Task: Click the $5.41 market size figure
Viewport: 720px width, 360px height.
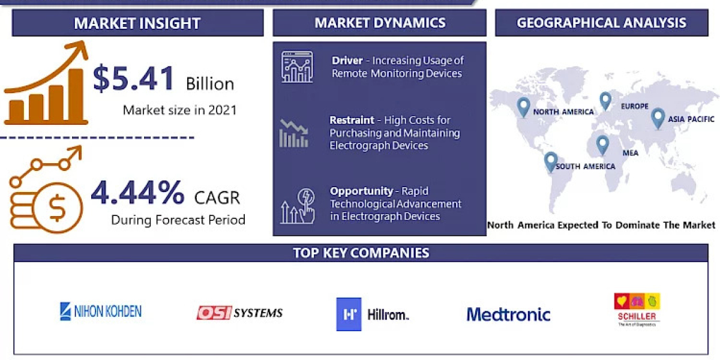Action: pyautogui.click(x=134, y=79)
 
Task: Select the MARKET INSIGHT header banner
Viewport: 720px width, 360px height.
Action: pyautogui.click(x=137, y=23)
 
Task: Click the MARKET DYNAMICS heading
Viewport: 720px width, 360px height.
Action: pyautogui.click(x=380, y=23)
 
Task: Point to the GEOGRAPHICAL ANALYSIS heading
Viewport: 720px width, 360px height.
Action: pyautogui.click(x=601, y=23)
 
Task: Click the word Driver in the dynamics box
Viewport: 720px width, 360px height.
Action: pyautogui.click(x=347, y=61)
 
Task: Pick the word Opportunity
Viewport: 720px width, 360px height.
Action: pyautogui.click(x=361, y=191)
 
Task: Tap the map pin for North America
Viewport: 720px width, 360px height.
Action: pyautogui.click(x=523, y=107)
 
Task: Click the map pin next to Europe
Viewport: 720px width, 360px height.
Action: pyautogui.click(x=605, y=100)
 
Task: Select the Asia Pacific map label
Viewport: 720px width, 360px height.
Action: pyautogui.click(x=692, y=119)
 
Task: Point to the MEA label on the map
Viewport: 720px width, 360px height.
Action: pyautogui.click(x=630, y=153)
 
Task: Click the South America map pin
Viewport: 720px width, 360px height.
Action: pyautogui.click(x=550, y=161)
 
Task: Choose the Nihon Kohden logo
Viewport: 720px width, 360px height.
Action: pyautogui.click(x=101, y=311)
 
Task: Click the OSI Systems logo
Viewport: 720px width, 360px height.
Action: pyautogui.click(x=239, y=313)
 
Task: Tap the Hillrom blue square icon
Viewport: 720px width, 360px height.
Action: pyautogui.click(x=349, y=314)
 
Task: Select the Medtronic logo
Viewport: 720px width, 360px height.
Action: pyautogui.click(x=508, y=314)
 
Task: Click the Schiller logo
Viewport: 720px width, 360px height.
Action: pyautogui.click(x=637, y=308)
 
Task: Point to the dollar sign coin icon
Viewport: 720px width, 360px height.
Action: pyautogui.click(x=58, y=208)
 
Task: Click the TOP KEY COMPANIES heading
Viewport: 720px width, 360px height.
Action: pyautogui.click(x=361, y=253)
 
